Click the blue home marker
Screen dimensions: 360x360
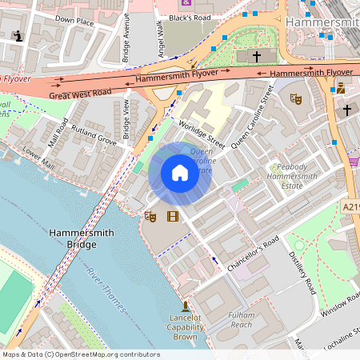(179, 173)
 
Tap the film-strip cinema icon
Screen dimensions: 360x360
(172, 215)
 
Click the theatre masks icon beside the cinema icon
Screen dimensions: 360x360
(150, 215)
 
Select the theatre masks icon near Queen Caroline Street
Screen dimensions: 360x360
(294, 100)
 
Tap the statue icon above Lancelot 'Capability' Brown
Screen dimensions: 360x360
(186, 306)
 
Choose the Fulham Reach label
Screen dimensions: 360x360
(240, 319)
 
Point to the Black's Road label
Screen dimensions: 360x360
(190, 17)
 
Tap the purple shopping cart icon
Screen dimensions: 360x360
(353, 161)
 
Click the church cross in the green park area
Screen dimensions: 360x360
(257, 56)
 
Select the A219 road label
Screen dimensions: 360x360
(350, 206)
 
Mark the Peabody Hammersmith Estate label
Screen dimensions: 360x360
(297, 175)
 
